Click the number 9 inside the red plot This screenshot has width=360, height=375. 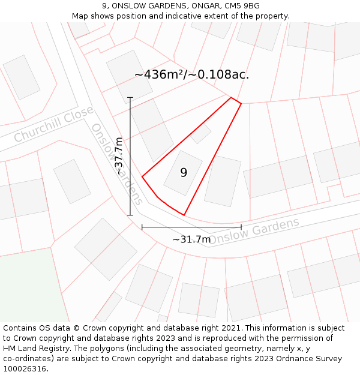point(184,173)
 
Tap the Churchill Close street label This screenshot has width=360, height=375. point(53,124)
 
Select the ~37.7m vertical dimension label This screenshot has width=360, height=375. point(119,156)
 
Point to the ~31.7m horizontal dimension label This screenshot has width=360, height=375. point(191,239)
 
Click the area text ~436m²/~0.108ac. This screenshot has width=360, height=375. point(191,74)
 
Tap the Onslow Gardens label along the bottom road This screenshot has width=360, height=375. point(254,231)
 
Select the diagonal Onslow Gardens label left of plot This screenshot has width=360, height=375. point(117,164)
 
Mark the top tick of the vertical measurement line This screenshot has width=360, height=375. point(130,97)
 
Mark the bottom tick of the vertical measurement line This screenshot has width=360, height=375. point(130,215)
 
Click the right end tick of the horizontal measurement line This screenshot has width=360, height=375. point(241,227)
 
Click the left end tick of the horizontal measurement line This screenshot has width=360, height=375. point(142,227)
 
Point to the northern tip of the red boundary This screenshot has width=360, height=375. point(232,97)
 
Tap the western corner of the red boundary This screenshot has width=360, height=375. point(142,176)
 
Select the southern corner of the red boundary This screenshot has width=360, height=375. point(184,215)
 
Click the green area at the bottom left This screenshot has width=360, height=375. point(30,288)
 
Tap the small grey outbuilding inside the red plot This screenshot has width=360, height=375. point(200,133)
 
